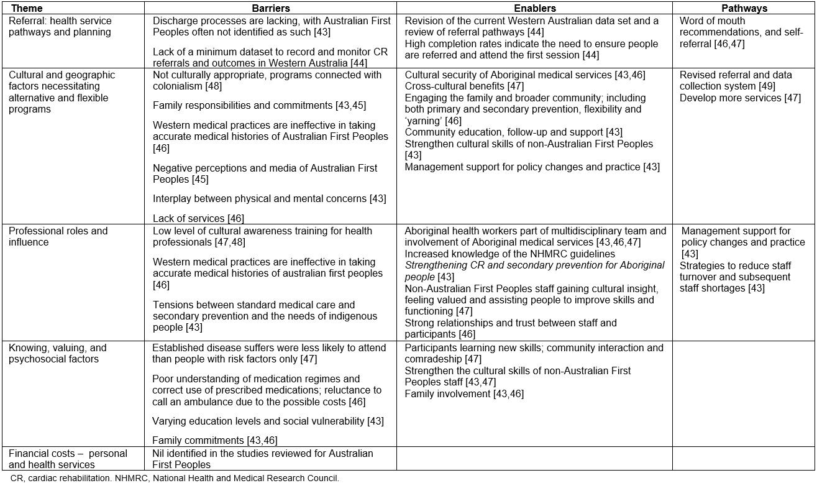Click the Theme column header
(x=27, y=9)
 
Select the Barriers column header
(x=270, y=9)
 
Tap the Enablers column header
(x=534, y=9)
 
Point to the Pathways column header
(x=744, y=9)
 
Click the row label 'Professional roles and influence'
(x=58, y=236)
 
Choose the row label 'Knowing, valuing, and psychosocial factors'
(x=57, y=353)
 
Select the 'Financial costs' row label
(x=68, y=459)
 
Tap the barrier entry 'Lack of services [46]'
(x=198, y=218)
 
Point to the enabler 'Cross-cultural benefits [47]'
(x=464, y=86)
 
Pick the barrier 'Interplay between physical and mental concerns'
(x=269, y=199)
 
